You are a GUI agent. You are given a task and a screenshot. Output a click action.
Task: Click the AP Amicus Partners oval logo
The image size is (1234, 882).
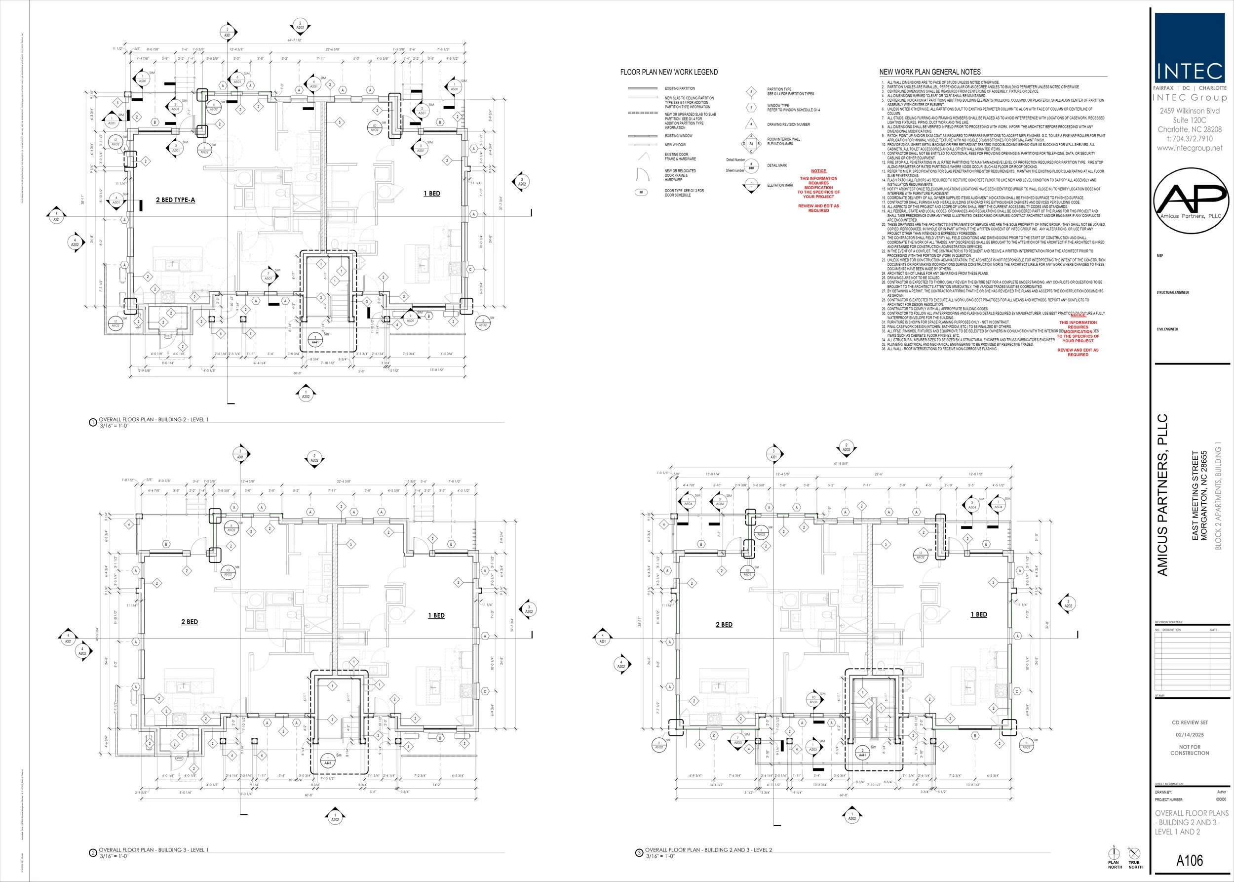pyautogui.click(x=1191, y=201)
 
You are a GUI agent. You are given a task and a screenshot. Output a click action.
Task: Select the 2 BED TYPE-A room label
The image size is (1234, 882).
pyautogui.click(x=175, y=200)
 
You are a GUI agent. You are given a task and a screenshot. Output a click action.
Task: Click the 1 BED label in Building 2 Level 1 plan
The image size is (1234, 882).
pyautogui.click(x=432, y=194)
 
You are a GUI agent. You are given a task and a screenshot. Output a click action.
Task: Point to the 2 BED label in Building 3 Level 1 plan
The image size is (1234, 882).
pyautogui.click(x=190, y=622)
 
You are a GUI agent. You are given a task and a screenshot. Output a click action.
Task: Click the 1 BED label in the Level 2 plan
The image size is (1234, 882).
pyautogui.click(x=979, y=614)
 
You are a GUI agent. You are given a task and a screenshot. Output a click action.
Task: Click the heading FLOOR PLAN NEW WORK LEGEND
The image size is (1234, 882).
pyautogui.click(x=669, y=72)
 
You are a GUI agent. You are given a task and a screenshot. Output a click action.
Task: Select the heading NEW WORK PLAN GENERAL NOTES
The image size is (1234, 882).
pyautogui.click(x=930, y=72)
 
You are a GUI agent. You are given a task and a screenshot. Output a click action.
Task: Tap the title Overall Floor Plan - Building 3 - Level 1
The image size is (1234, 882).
pyautogui.click(x=153, y=850)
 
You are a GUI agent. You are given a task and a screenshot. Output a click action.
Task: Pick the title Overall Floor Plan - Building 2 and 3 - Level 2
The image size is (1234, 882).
pyautogui.click(x=708, y=850)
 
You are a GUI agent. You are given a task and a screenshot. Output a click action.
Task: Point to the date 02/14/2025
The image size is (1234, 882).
pyautogui.click(x=1190, y=735)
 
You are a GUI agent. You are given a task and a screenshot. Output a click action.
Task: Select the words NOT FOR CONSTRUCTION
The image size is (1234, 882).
pyautogui.click(x=1190, y=750)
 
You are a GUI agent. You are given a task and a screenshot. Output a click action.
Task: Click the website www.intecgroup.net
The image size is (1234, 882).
pyautogui.click(x=1190, y=148)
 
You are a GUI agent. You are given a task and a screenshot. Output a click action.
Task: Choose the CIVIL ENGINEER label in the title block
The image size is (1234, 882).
pyautogui.click(x=1167, y=329)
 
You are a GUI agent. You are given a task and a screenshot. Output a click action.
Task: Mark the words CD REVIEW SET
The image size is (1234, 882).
pyautogui.click(x=1190, y=722)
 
